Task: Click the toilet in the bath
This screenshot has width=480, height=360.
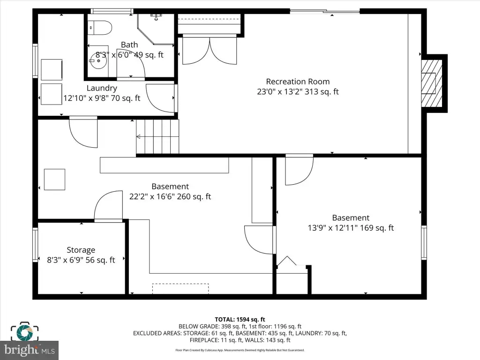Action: point(100,28)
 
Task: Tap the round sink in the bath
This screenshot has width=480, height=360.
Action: point(98,60)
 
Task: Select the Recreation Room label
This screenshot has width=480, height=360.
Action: point(298,82)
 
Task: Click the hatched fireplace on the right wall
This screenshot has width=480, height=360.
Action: point(432,83)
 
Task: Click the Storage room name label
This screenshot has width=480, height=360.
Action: point(81,250)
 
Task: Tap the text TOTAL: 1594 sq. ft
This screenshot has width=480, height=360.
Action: point(240,320)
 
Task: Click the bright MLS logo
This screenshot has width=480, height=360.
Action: point(30,350)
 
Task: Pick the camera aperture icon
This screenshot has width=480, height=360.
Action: point(25,331)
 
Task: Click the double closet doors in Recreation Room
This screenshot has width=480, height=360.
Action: point(210,51)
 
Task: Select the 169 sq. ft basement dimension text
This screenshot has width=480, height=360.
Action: point(351,228)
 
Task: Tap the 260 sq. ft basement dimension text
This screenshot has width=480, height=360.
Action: point(170,196)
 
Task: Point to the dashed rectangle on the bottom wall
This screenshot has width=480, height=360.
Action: point(180,289)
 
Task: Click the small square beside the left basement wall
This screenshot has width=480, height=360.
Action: point(54,180)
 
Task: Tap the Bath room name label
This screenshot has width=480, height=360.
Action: point(129,45)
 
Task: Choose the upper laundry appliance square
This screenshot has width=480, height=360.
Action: point(52,70)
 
